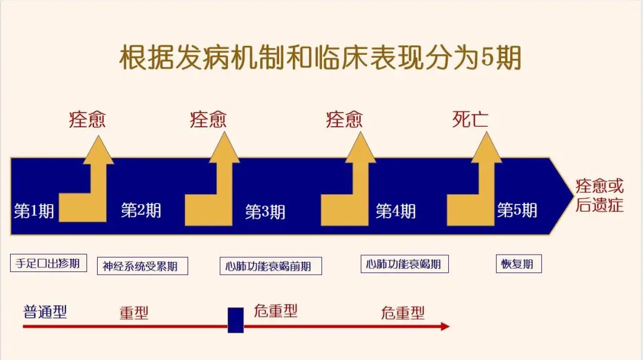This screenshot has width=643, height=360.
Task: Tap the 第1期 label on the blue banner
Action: pos(34,211)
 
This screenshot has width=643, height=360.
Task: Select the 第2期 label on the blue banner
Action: pos(141,210)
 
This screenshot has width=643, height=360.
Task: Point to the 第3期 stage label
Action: pos(265,212)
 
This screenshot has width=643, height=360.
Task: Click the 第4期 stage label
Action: pos(395,211)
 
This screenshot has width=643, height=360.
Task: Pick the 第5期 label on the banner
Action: pos(517,210)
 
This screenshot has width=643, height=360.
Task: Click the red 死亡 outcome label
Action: pos(470,120)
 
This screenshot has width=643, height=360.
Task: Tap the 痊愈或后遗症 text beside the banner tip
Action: pos(599,196)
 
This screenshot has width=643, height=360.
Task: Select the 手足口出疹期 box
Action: pos(48,263)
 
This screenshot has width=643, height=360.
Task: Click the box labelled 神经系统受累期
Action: pos(142,266)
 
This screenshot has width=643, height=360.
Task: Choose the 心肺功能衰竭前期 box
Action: pos(270,266)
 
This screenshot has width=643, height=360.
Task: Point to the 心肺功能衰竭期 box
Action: pos(404,264)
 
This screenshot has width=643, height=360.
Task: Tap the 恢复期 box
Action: pos(518,264)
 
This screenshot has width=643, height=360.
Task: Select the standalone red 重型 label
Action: pos(134,313)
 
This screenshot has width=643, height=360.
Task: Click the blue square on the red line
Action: pos(236,320)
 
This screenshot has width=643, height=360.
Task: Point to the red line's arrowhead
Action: pos(444,326)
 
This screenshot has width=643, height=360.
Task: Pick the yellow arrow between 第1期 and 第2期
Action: pos(89,184)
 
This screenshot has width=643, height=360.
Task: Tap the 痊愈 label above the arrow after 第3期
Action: pos(344,120)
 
